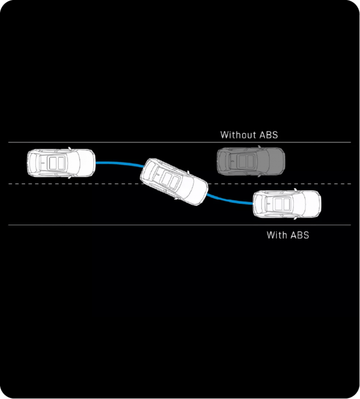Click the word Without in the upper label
[238, 135]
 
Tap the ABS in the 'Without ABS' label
[269, 135]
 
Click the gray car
[251, 161]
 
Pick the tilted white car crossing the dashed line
[174, 182]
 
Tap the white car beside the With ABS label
[287, 204]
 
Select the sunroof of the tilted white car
[170, 179]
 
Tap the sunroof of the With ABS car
[283, 204]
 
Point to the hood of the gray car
[277, 161]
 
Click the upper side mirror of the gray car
[259, 147]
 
